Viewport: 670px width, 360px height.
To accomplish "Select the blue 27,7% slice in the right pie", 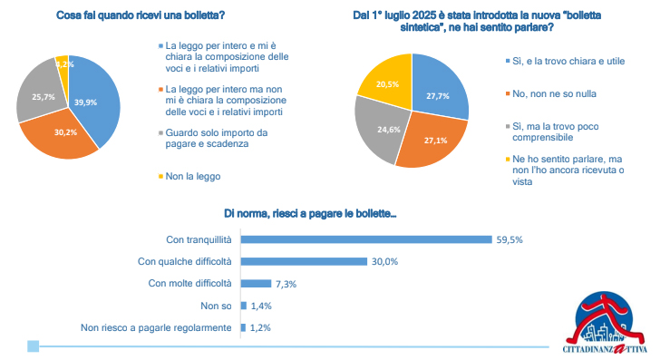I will pyautogui.click(x=440, y=95).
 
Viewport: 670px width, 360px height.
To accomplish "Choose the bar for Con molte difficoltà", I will pyautogui.click(x=257, y=283).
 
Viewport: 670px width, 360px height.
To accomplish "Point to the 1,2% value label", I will pyautogui.click(x=261, y=327).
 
